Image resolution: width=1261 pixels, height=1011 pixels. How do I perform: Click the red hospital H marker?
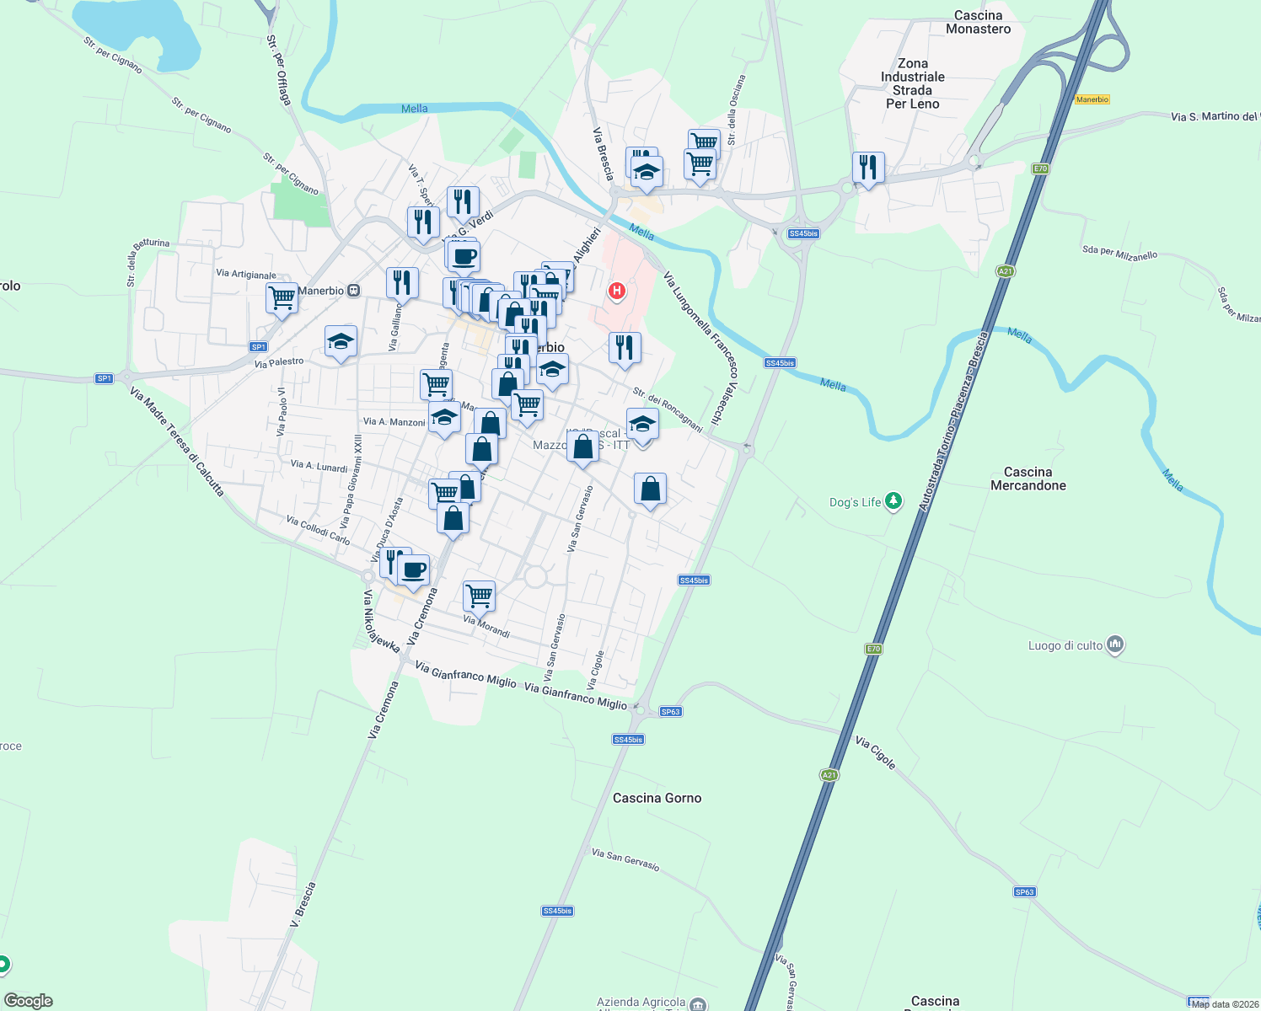point(617,292)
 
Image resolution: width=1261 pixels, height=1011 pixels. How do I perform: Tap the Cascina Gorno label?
point(657,798)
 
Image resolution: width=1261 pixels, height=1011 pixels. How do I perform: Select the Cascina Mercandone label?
point(1028,479)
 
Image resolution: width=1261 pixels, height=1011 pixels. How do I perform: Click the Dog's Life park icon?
point(893,502)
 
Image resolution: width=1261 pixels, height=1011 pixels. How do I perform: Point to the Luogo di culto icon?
point(1115,645)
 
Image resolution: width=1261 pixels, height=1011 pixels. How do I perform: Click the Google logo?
point(29,1000)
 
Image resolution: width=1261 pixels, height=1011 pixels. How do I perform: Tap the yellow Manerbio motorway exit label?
point(1092,99)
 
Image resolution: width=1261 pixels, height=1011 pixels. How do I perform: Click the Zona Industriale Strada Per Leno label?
point(912,83)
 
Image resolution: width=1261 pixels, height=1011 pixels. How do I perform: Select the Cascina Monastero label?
point(978,22)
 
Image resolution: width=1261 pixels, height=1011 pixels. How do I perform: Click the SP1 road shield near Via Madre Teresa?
point(105,378)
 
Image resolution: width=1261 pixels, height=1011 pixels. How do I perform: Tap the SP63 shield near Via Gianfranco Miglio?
point(670,712)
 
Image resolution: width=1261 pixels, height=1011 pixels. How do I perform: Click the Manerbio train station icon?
point(354,291)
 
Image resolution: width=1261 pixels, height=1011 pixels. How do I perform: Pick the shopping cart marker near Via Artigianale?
point(282,297)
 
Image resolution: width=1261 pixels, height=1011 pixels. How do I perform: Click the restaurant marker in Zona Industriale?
point(868,167)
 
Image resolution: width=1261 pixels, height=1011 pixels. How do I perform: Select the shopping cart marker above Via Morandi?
point(479,596)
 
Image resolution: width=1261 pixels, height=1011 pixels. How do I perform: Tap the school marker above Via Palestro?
point(341,341)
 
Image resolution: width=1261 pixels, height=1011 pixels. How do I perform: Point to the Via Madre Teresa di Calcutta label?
point(177,441)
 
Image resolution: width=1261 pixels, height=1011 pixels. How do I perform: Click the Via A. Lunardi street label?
point(319,466)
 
